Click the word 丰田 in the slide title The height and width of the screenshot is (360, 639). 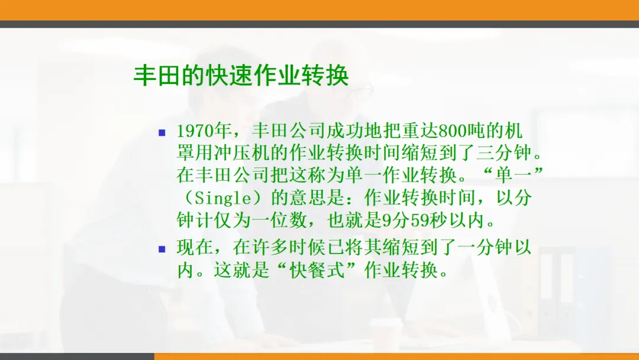(157, 75)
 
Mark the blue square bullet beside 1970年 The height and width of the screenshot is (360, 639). (162, 133)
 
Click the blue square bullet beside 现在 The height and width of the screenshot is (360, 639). (162, 249)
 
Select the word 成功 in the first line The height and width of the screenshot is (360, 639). (345, 131)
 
